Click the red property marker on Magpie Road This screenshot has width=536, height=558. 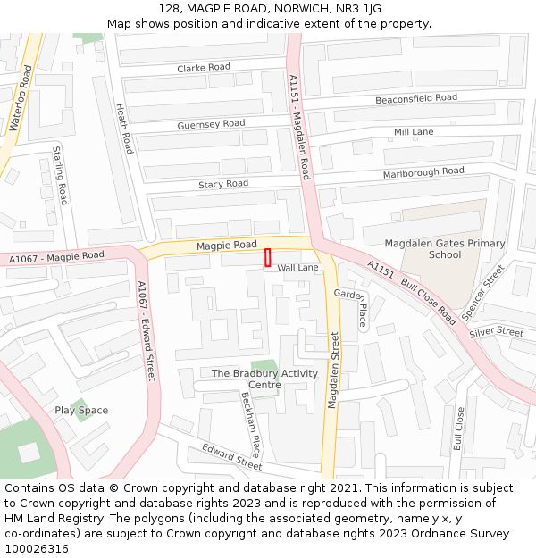[x=267, y=258]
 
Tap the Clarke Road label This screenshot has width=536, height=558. [x=203, y=68]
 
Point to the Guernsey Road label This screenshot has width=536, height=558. [x=211, y=124]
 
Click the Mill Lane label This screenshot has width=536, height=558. [x=414, y=132]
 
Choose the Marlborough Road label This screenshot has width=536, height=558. [x=423, y=171]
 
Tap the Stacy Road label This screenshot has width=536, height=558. [x=223, y=184]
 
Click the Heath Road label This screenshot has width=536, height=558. [x=124, y=128]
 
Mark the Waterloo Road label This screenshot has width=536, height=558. [x=20, y=99]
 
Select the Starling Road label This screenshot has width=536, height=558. [x=60, y=175]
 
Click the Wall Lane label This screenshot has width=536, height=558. [x=297, y=268]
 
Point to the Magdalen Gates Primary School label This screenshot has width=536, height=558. [x=444, y=249]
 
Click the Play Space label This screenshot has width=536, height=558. [x=81, y=411]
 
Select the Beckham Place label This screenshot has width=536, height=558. [x=250, y=425]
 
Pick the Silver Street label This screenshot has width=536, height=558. [x=496, y=332]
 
